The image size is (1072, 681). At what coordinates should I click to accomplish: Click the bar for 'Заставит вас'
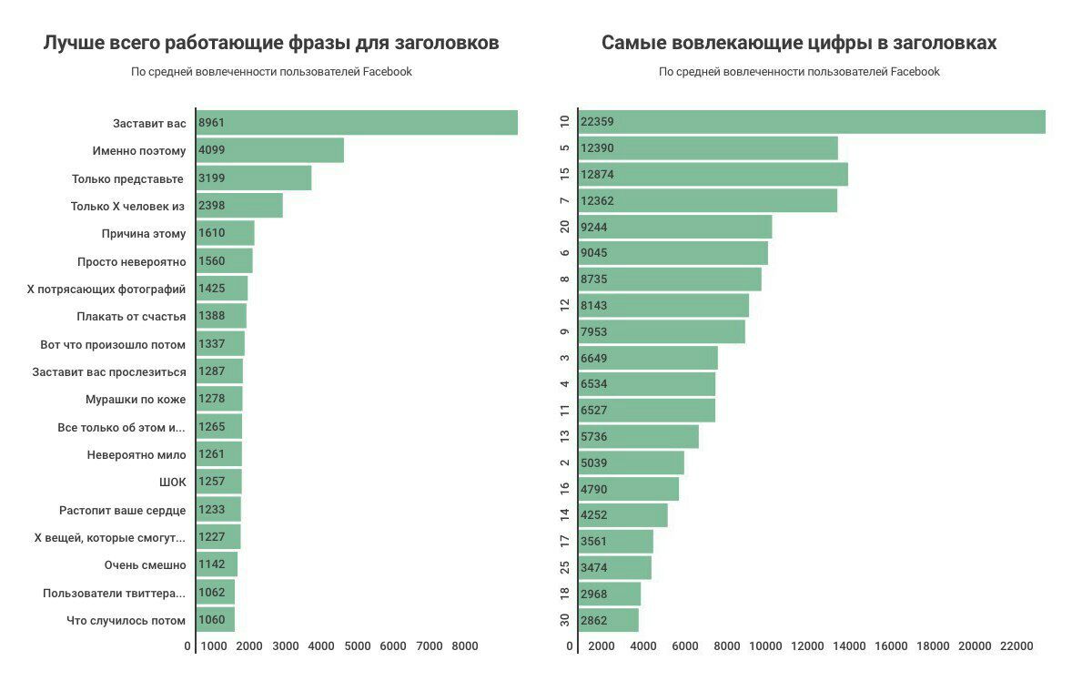coord(357,123)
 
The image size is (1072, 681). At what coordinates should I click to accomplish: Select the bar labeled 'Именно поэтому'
coord(270,150)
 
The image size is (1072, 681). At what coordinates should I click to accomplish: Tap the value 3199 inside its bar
coord(211,178)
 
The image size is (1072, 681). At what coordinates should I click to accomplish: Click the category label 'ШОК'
coord(172,482)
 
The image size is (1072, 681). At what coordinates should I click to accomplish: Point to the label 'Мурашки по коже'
coord(136,400)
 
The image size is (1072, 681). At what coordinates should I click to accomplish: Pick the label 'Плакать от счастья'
coord(131,317)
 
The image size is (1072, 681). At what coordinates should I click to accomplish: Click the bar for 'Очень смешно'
coord(217,564)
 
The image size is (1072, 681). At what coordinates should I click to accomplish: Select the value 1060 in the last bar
coord(211,621)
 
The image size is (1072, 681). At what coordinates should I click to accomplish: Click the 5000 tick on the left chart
coord(357,646)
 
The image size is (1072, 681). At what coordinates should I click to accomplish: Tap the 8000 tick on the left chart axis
coord(464,646)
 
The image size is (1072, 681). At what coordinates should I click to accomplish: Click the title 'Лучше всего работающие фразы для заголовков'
coord(271,43)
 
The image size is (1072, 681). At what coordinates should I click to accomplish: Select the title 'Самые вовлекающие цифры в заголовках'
coord(799,43)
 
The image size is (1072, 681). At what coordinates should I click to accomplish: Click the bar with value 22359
coord(812,122)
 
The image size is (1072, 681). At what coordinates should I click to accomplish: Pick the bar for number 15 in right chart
coord(713,174)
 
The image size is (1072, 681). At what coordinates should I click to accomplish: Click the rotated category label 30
coord(565,620)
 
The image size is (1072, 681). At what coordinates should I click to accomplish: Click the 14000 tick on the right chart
coord(849,646)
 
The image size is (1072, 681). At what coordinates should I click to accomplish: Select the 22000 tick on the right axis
coord(1016,646)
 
